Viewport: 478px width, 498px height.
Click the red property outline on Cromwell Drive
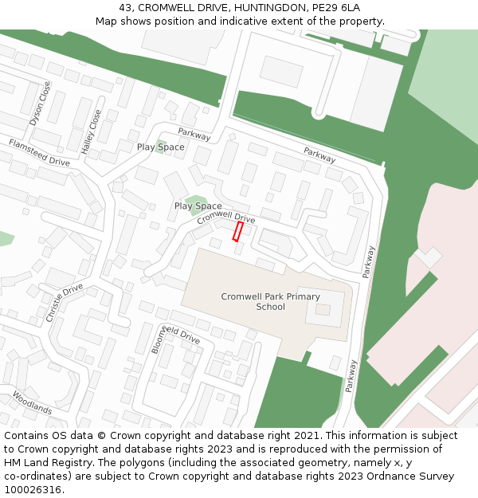click(x=237, y=231)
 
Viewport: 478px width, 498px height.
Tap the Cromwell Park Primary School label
click(x=270, y=301)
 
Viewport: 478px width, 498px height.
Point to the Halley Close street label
click(x=92, y=131)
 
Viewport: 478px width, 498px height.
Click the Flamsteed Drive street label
click(x=39, y=152)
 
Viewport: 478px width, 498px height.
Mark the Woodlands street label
click(x=32, y=402)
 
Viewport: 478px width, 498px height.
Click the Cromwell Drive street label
click(x=226, y=217)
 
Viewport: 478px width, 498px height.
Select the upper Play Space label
click(x=160, y=147)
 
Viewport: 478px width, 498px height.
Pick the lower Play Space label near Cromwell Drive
click(x=198, y=206)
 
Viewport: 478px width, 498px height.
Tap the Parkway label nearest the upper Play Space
click(x=194, y=135)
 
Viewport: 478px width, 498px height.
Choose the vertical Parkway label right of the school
click(x=367, y=261)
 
